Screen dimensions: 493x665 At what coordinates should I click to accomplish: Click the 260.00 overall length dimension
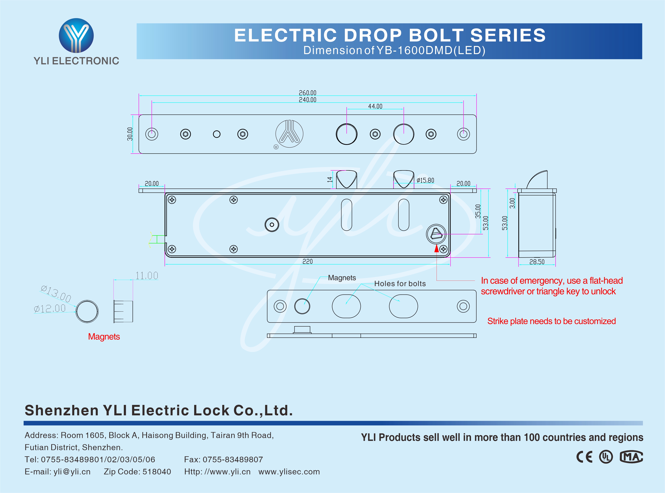[x=307, y=93]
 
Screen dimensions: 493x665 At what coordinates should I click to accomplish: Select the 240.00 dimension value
[x=307, y=100]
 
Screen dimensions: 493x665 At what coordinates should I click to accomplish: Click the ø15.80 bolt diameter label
[x=425, y=180]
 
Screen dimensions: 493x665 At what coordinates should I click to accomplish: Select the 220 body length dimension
[x=307, y=261]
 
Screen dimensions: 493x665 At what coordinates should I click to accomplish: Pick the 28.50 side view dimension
[x=537, y=262]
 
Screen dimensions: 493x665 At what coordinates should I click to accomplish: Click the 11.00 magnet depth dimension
[x=147, y=275]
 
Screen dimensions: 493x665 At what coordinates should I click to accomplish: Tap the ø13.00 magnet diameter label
[x=56, y=293]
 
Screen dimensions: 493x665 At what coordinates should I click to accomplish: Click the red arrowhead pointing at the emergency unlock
[x=436, y=248]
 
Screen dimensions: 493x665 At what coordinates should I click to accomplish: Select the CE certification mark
[x=584, y=457]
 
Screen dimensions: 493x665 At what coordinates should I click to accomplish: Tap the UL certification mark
[x=606, y=457]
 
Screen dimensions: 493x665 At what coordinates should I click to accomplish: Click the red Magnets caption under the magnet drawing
[x=104, y=337]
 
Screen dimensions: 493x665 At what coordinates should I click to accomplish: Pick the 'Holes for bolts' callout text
[x=400, y=284]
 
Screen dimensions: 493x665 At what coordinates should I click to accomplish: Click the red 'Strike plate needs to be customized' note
[x=551, y=321]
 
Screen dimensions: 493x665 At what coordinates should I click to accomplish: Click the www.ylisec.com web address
[x=289, y=472]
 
